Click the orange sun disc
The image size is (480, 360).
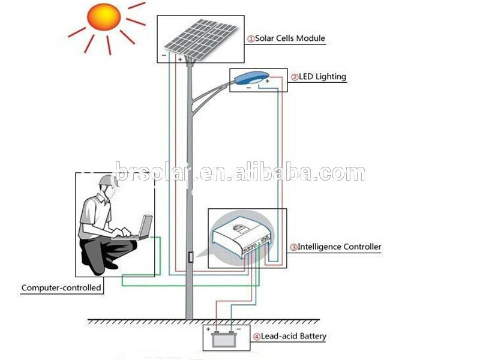tap(104, 17)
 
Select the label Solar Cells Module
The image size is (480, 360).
tap(290, 38)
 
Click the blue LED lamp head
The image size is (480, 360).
tap(252, 77)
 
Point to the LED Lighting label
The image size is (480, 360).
tap(322, 77)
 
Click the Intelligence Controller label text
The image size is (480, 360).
tap(339, 247)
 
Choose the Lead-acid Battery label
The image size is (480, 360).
tap(293, 337)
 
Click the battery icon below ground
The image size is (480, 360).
tap(224, 338)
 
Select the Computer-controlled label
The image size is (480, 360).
tap(61, 288)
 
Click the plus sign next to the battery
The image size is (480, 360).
tap(208, 329)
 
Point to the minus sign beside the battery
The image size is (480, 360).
tap(239, 329)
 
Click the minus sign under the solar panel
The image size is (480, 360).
tap(164, 55)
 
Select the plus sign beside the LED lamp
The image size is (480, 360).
tap(267, 81)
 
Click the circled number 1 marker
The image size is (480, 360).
tap(251, 39)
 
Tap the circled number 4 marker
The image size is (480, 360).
tap(257, 337)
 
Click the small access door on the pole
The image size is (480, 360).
tap(191, 257)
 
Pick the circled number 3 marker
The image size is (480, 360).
tap(293, 247)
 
